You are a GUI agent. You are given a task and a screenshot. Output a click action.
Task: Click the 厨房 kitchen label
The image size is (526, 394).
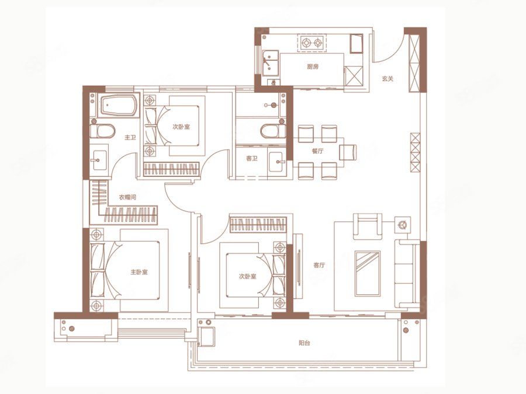313,67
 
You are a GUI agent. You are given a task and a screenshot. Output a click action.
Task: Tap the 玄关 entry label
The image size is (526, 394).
387,79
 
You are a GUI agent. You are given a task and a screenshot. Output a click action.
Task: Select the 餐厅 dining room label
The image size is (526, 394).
318,151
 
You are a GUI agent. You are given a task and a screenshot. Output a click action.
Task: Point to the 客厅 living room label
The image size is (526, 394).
319,266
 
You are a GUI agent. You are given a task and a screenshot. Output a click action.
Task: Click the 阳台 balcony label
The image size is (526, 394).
304,343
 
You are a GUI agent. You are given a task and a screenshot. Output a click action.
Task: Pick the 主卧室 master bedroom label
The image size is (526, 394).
139,272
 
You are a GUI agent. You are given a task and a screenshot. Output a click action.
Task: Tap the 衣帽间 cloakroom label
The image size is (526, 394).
128,197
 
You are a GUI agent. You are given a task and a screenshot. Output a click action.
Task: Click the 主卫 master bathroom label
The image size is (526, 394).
130,137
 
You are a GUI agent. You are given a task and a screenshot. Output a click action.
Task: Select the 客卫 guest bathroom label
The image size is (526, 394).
251,158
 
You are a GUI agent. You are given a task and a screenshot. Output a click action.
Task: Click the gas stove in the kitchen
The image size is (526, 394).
312,43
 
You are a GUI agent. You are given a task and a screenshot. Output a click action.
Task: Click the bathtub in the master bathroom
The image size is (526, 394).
120,105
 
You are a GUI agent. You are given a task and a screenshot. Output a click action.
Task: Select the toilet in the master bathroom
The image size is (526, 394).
102,131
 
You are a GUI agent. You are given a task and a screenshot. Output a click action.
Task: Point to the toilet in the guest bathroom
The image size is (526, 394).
273,131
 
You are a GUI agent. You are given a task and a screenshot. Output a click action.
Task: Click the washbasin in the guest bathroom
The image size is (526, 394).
277,162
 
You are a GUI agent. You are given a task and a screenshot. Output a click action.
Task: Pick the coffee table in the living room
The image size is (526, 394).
368,273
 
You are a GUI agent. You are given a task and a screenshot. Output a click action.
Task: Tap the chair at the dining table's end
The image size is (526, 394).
348,152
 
